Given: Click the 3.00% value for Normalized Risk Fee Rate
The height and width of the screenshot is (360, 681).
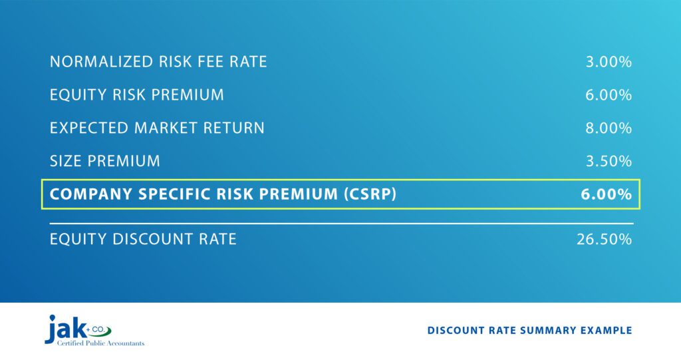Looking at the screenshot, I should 609,63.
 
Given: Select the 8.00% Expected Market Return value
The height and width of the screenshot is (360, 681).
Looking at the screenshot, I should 609,128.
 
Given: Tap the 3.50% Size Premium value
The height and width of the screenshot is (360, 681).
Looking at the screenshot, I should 609,161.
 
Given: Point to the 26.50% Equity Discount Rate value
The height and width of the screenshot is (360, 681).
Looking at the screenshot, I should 604,239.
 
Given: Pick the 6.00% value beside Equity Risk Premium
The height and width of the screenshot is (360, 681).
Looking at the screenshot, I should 609,95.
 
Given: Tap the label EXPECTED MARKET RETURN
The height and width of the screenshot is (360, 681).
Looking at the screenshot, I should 157,128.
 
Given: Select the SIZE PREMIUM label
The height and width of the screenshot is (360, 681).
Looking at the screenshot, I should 105,161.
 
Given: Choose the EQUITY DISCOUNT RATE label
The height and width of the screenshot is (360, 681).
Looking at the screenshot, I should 143,239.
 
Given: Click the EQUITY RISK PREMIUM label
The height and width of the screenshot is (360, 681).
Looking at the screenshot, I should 137,95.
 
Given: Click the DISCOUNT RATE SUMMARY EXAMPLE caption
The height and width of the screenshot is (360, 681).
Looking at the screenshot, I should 529,331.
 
